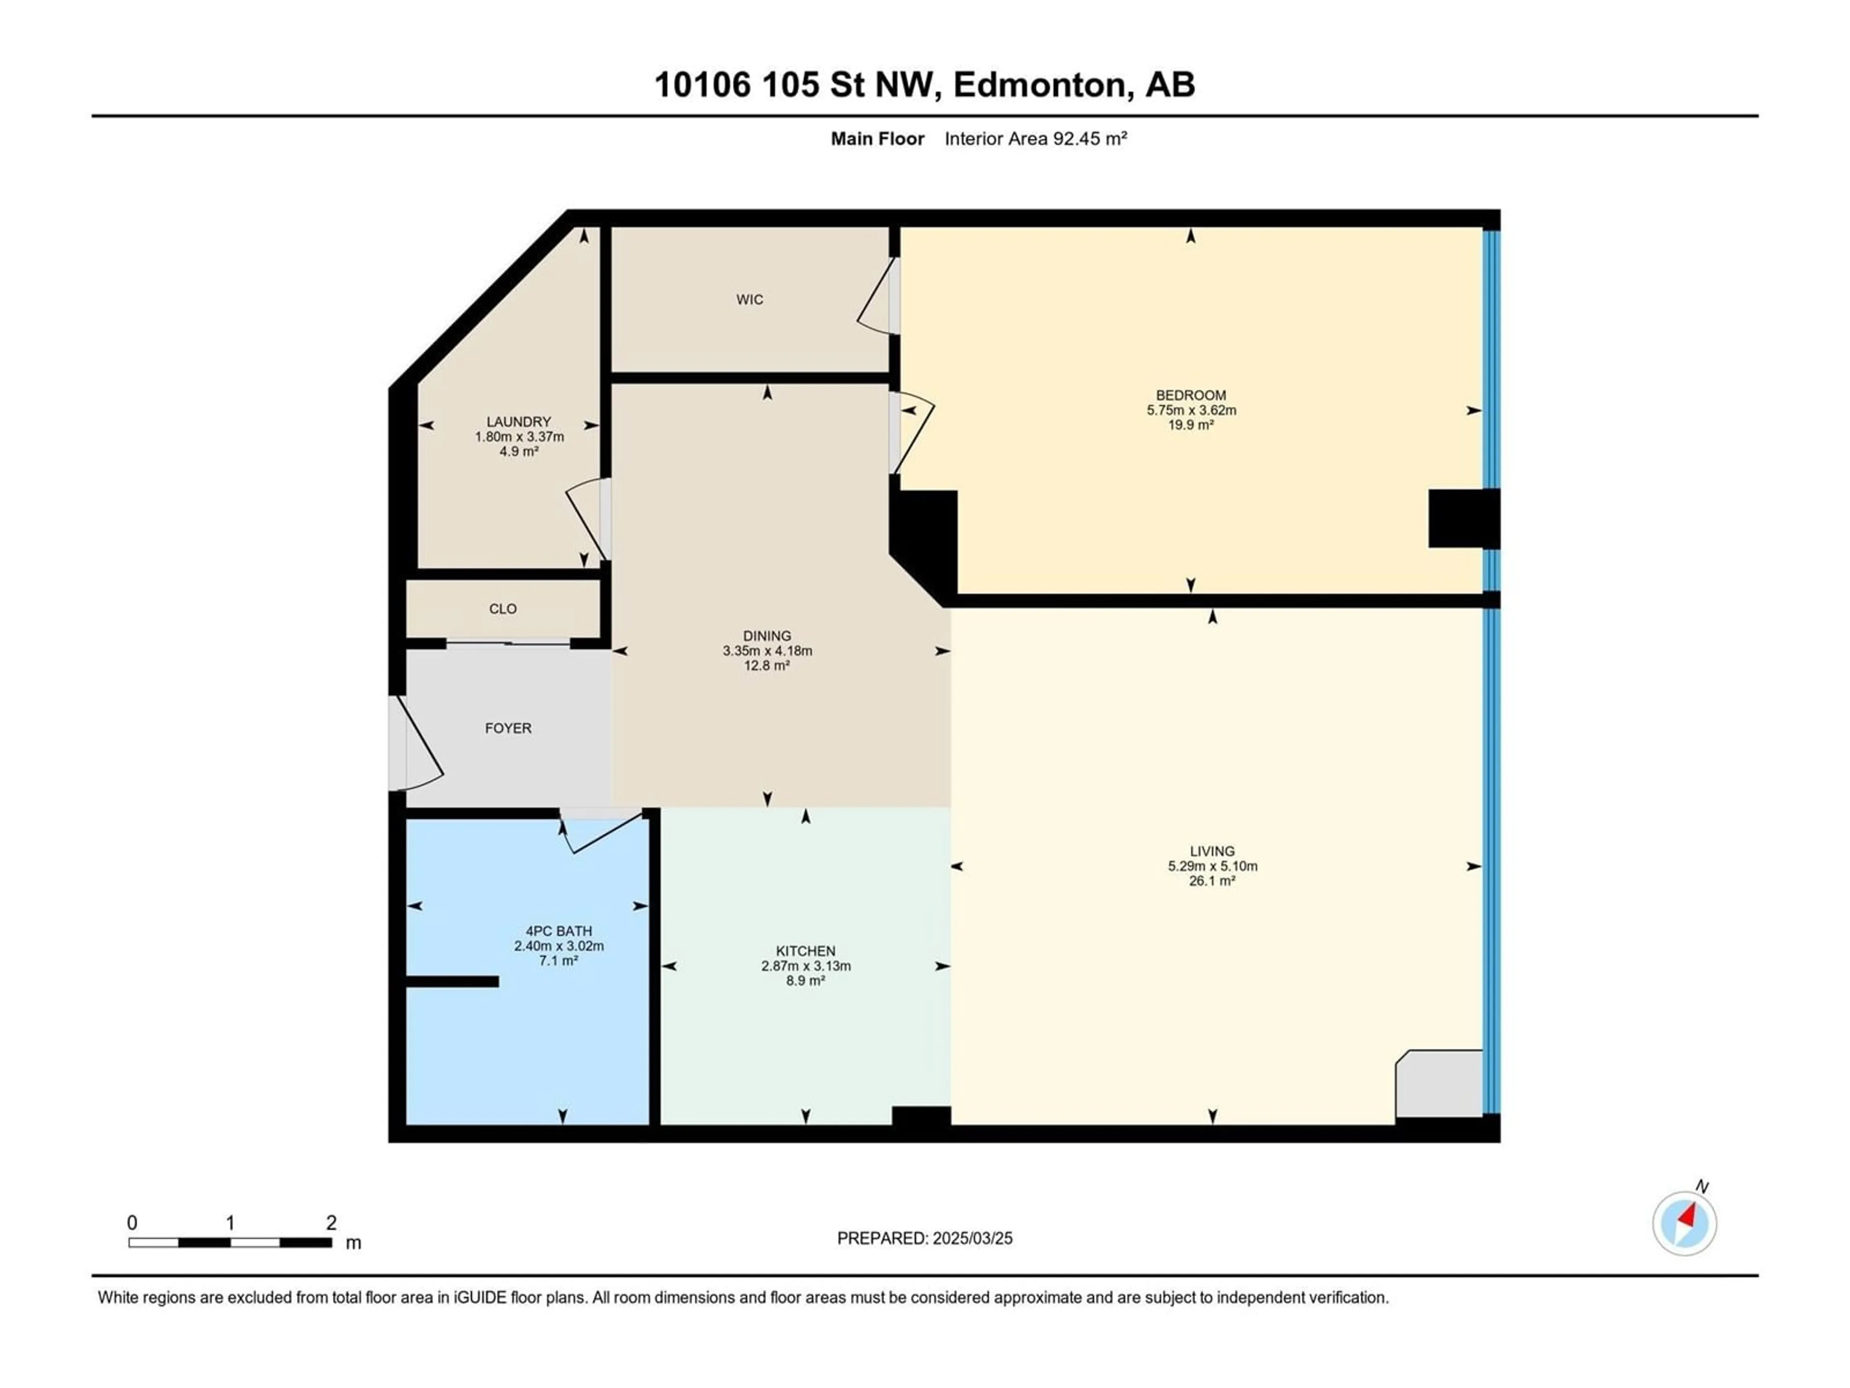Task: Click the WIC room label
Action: click(x=749, y=299)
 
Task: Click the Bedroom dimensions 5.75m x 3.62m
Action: click(x=1191, y=410)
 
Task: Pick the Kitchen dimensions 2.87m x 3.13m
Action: click(x=806, y=965)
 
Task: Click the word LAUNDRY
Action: click(x=518, y=422)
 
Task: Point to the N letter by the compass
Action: click(x=1702, y=1187)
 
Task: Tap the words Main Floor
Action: click(x=877, y=139)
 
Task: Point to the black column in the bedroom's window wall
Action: click(x=1464, y=519)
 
